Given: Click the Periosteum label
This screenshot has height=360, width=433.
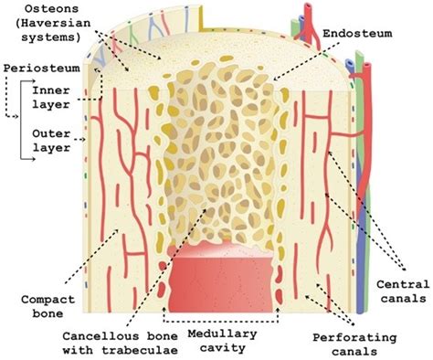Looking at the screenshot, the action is pos(37,69).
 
